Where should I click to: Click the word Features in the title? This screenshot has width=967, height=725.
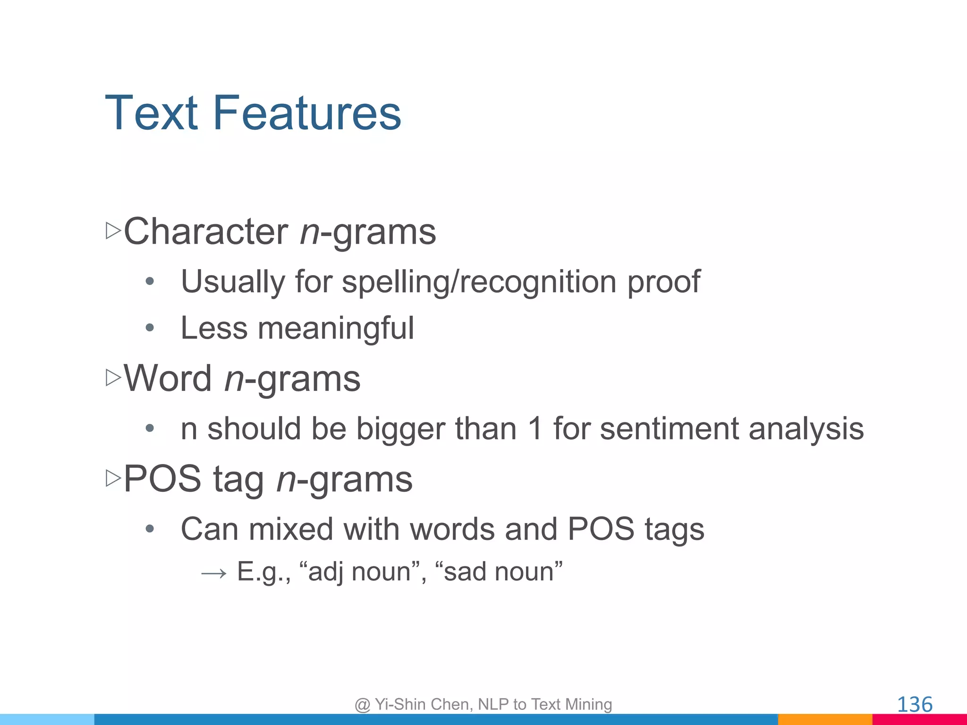307,113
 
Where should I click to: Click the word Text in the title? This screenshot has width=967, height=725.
151,113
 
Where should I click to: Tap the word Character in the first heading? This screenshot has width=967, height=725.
206,232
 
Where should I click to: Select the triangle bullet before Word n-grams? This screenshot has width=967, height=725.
113,378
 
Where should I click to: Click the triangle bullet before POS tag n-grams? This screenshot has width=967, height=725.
113,478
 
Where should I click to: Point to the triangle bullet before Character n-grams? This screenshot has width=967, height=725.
113,231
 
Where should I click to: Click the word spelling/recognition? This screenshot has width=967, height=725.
479,282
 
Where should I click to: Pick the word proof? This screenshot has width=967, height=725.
663,282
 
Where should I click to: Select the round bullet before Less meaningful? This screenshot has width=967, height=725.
150,328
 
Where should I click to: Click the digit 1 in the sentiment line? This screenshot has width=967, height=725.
535,429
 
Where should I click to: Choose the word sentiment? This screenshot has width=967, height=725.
669,429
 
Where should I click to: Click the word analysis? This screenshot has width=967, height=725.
806,429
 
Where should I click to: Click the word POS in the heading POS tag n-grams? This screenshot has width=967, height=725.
162,479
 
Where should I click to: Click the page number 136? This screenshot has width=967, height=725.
915,704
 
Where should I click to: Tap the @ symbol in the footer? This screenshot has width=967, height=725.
362,705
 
